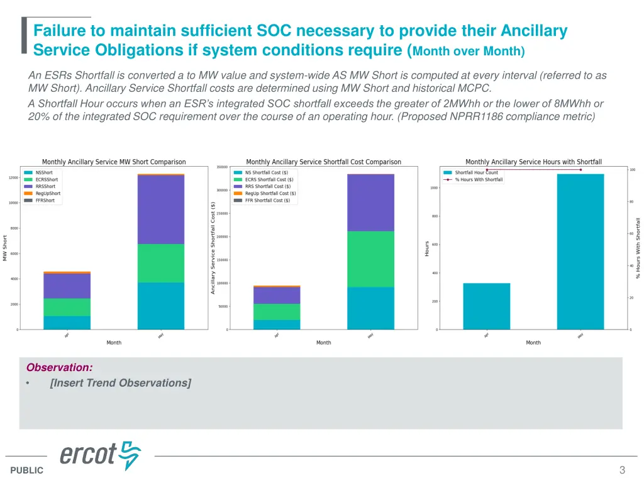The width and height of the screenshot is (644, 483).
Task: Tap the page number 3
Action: tap(622, 470)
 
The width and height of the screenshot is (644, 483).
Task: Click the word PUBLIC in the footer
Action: tap(27, 470)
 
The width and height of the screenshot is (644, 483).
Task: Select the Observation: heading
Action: tap(59, 368)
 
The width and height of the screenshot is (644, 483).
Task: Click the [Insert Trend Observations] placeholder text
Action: tap(120, 383)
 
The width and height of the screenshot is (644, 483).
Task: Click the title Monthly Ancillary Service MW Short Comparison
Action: tap(114, 162)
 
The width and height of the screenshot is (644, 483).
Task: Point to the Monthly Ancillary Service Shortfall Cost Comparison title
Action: tap(323, 162)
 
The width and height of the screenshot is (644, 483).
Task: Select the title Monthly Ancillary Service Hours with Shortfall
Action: tap(533, 162)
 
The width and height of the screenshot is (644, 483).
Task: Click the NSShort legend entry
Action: tap(44, 172)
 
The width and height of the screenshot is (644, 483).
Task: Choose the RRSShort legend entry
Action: tap(45, 186)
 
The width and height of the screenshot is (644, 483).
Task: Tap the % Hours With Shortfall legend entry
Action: tap(479, 180)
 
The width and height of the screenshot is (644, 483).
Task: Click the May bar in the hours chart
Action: tap(580, 252)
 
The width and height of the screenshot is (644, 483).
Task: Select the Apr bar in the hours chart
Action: tap(487, 306)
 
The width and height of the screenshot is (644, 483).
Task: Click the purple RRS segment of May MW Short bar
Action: tap(161, 209)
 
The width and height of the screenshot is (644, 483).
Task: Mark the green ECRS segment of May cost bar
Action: tap(370, 259)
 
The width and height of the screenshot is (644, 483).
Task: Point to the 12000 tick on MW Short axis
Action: tap(13, 177)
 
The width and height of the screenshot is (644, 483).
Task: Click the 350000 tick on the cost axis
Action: tap(221, 167)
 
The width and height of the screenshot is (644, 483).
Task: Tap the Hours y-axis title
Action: tap(427, 248)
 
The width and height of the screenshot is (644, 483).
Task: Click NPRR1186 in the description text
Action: tap(472, 116)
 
